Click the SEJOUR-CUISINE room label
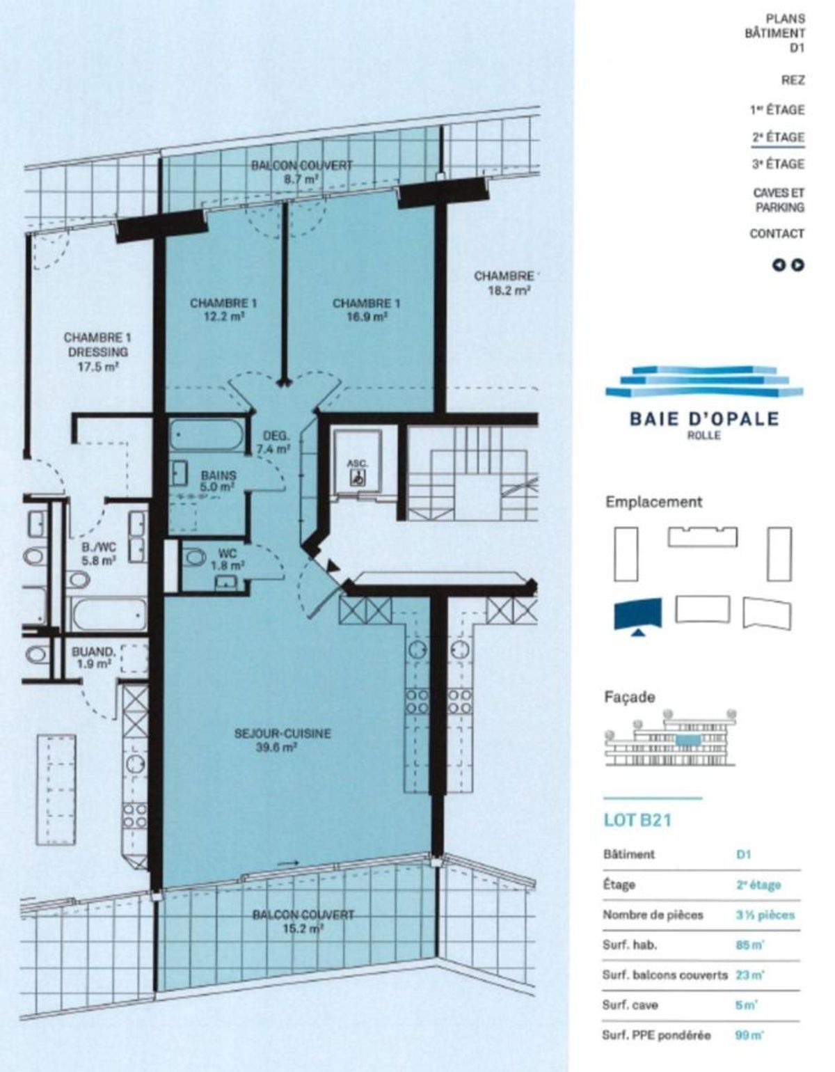pyautogui.click(x=283, y=740)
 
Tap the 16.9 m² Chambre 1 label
pyautogui.click(x=366, y=309)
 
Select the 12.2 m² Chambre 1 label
pyautogui.click(x=224, y=309)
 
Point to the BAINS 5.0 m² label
pyautogui.click(x=218, y=481)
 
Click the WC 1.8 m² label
pyautogui.click(x=228, y=560)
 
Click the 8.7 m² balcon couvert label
pyautogui.click(x=302, y=172)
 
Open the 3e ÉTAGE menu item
pyautogui.click(x=777, y=164)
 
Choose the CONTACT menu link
pyautogui.click(x=777, y=233)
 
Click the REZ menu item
pyautogui.click(x=793, y=80)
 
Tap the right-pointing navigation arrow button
pyautogui.click(x=797, y=265)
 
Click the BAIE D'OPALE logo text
pyautogui.click(x=704, y=419)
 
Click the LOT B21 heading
pyautogui.click(x=637, y=820)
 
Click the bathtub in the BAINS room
pyautogui.click(x=207, y=435)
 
